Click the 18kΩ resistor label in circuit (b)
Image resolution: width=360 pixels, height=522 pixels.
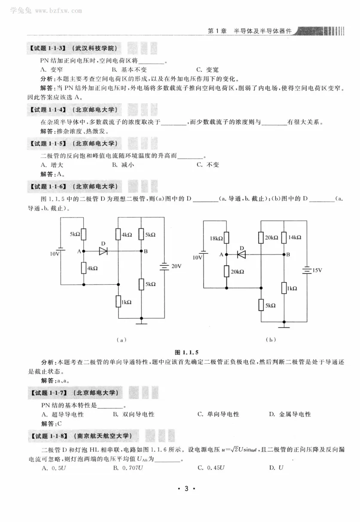coord(216,238)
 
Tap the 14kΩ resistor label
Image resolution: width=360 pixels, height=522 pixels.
coord(294,237)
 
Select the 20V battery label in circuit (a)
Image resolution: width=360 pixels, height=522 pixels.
coord(177,267)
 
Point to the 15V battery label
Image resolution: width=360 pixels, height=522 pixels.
coord(317,270)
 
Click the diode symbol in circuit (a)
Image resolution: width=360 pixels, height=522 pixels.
coord(103,251)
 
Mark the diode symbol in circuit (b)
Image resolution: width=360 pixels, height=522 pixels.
coord(241,255)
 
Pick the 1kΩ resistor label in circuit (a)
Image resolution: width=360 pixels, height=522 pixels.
coord(126,303)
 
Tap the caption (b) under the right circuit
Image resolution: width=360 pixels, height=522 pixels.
coord(271,340)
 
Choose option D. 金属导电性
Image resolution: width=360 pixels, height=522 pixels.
coord(290,415)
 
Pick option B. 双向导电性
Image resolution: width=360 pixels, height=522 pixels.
coord(133,415)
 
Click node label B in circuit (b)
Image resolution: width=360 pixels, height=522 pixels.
coord(288,255)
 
